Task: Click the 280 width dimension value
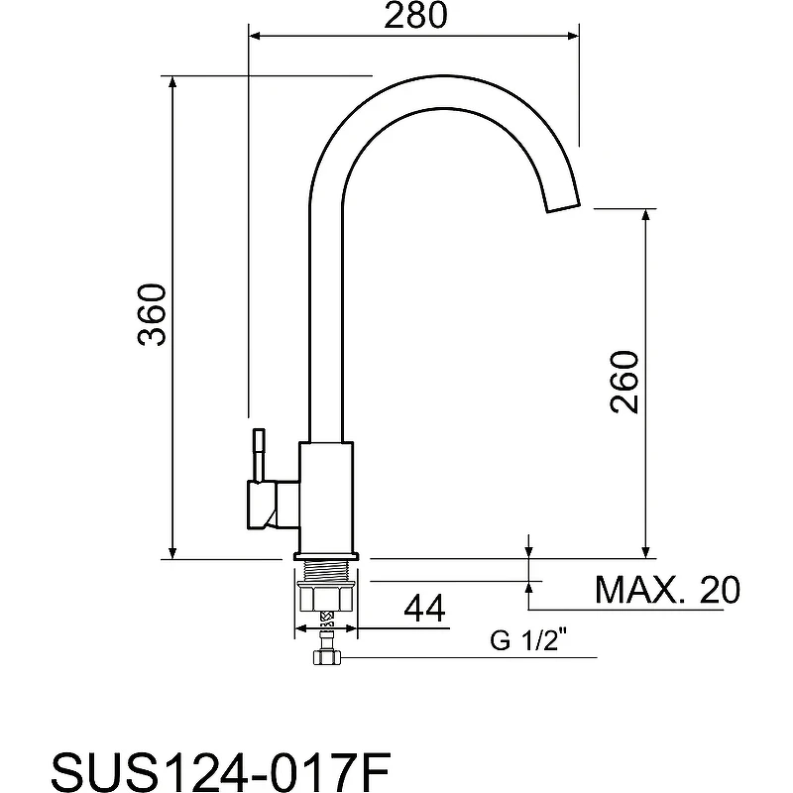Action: pyautogui.click(x=415, y=16)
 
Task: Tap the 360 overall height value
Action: pyautogui.click(x=152, y=315)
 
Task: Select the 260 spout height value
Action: pyautogui.click(x=625, y=382)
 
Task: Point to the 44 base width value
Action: pyautogui.click(x=425, y=608)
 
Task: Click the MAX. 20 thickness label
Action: pyautogui.click(x=667, y=589)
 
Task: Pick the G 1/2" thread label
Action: pyautogui.click(x=528, y=640)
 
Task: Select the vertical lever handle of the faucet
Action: pyautogui.click(x=259, y=455)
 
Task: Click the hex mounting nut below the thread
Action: pyautogui.click(x=326, y=597)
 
